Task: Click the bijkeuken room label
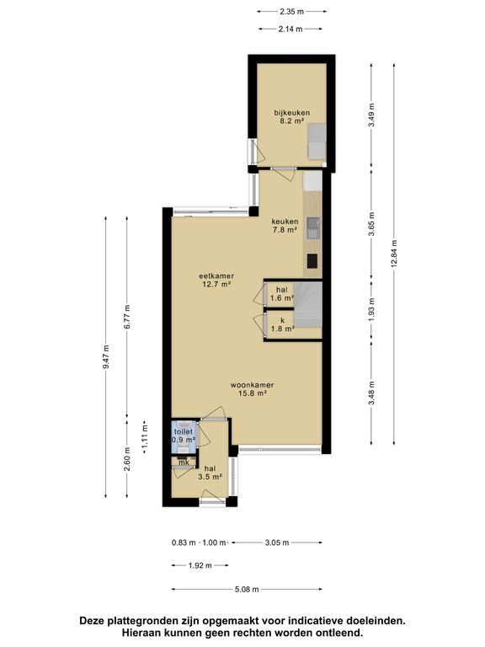click(x=292, y=117)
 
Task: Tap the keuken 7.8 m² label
click(x=285, y=226)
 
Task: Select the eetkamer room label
click(x=216, y=280)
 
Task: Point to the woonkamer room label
click(x=252, y=389)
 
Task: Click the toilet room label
click(x=183, y=436)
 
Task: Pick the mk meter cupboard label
click(x=184, y=463)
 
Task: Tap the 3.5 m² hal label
click(x=210, y=473)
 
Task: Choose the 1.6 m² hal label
click(x=282, y=294)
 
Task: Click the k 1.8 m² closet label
click(x=283, y=324)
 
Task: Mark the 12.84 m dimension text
click(x=394, y=254)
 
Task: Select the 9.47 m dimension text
click(x=106, y=357)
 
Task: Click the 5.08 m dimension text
click(x=247, y=590)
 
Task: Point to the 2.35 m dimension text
click(x=291, y=12)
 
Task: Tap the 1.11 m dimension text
click(x=145, y=437)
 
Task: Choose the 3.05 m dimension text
click(x=277, y=543)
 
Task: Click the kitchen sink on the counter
click(x=313, y=228)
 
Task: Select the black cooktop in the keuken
click(x=312, y=261)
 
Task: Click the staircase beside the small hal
click(x=307, y=304)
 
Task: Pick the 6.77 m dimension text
click(x=127, y=317)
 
